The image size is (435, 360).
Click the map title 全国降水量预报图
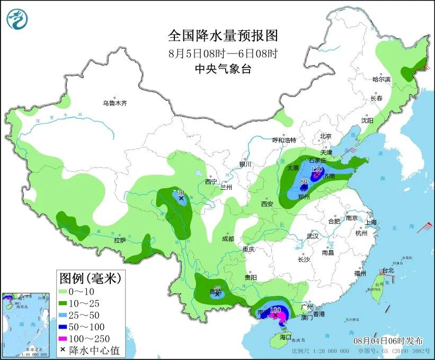(x=223, y=36)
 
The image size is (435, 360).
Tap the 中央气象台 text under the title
(x=223, y=68)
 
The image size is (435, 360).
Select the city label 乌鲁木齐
(x=115, y=103)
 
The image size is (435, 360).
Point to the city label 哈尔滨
(x=381, y=80)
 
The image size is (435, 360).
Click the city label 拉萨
(x=119, y=240)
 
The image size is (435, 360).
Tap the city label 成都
(x=228, y=239)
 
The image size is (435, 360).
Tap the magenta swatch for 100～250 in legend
(x=68, y=338)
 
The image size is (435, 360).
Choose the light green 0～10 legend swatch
(x=68, y=291)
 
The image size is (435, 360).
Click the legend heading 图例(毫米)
(x=90, y=277)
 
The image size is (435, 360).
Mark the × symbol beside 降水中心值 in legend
(x=64, y=350)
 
